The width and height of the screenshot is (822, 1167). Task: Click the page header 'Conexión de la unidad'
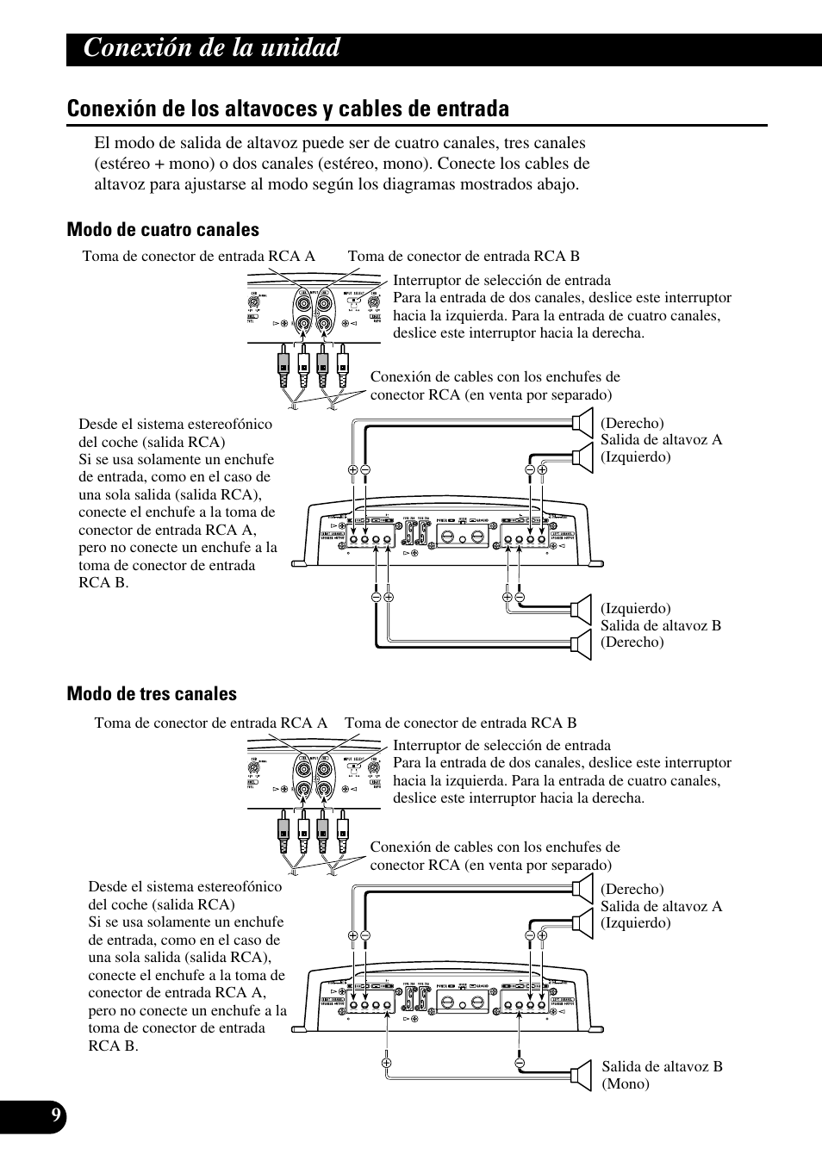pyautogui.click(x=212, y=48)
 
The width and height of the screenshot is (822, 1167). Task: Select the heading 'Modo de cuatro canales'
pyautogui.click(x=163, y=229)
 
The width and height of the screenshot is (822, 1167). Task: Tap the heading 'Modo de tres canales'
pyautogui.click(x=152, y=693)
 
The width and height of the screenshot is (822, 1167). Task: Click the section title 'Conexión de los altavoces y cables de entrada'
pyautogui.click(x=288, y=109)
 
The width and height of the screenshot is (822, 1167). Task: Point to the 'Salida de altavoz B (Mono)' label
pyautogui.click(x=662, y=1075)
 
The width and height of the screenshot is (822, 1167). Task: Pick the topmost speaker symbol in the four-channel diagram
pyautogui.click(x=583, y=422)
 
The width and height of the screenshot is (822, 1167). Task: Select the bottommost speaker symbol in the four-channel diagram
pyautogui.click(x=582, y=644)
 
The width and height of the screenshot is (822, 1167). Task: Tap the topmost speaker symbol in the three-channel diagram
pyautogui.click(x=583, y=888)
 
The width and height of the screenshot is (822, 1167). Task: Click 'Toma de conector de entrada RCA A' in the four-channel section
pyautogui.click(x=198, y=256)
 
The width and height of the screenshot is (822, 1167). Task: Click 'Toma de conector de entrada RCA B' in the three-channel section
pyautogui.click(x=461, y=723)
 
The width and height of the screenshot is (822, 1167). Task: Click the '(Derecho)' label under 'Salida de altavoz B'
pyautogui.click(x=632, y=642)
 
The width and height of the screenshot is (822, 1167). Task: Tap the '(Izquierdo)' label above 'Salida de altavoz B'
pyautogui.click(x=635, y=608)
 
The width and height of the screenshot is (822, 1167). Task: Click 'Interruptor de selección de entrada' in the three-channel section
pyautogui.click(x=501, y=745)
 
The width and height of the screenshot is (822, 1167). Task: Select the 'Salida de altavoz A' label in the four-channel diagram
pyautogui.click(x=661, y=439)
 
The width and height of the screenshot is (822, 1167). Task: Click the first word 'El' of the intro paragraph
pyautogui.click(x=102, y=143)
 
